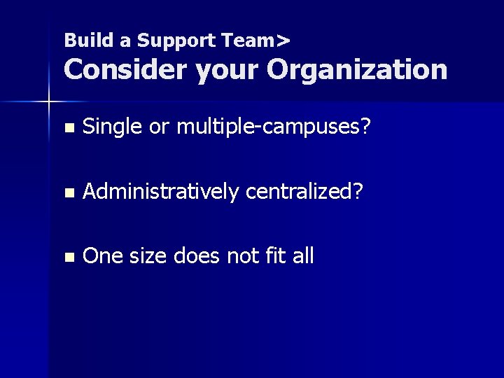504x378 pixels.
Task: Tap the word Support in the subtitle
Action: tap(175, 41)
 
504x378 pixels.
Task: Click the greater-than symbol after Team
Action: tap(283, 41)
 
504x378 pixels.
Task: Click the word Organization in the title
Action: tap(357, 69)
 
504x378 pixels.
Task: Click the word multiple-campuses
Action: tap(273, 127)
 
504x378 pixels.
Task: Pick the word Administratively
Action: tap(160, 192)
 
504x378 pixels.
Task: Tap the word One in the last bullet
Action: tap(102, 256)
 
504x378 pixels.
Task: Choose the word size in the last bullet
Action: tap(148, 256)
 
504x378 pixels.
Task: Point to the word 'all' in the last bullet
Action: tap(304, 256)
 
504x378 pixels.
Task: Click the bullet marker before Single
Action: tap(67, 128)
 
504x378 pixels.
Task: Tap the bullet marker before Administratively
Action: tap(67, 192)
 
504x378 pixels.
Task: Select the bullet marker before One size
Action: tap(67, 257)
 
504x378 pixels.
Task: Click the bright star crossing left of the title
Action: tap(49, 102)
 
